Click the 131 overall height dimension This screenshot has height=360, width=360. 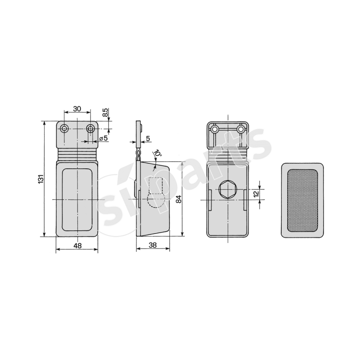point(40,179)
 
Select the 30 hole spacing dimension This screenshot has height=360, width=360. point(77,108)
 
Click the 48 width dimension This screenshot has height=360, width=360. point(77,246)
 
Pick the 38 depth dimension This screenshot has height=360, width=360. point(152,246)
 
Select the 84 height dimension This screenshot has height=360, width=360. point(178,199)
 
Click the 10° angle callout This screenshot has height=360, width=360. point(157,154)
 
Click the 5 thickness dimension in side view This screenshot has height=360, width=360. point(148,138)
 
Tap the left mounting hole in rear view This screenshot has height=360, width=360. point(216,130)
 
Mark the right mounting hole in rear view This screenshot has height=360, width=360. point(241,130)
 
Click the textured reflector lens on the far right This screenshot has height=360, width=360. point(302,200)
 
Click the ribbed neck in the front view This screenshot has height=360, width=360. point(77,154)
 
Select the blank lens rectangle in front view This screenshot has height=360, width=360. point(77,199)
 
